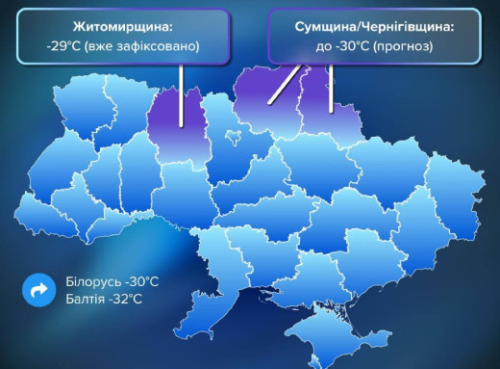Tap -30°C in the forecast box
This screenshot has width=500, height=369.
342,45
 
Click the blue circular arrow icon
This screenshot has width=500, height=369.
38,289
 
